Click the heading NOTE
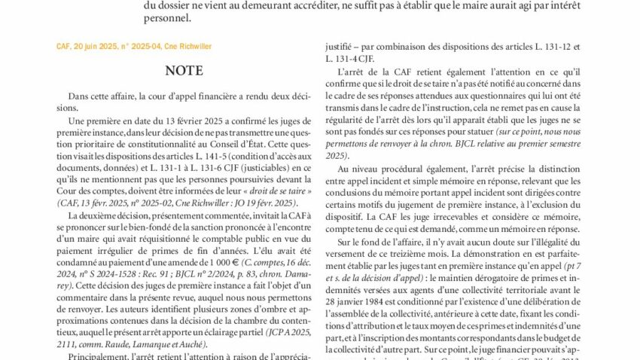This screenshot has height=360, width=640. tap(184, 71)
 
